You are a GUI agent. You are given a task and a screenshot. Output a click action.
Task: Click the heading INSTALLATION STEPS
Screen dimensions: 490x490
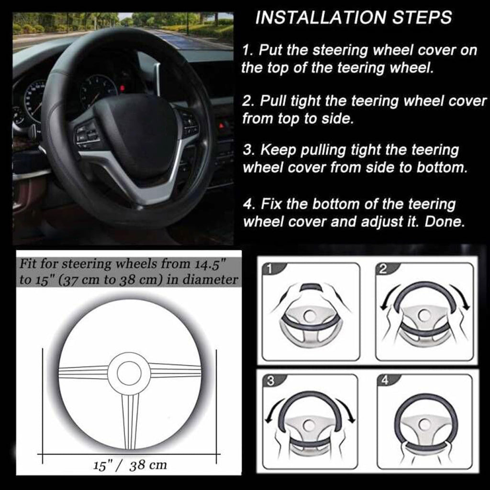(353, 18)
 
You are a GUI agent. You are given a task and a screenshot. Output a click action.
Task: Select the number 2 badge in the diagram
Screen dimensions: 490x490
(383, 269)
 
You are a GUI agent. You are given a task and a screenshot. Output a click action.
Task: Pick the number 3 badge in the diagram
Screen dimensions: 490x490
(270, 381)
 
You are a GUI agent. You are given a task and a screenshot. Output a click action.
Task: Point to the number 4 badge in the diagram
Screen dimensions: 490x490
(384, 381)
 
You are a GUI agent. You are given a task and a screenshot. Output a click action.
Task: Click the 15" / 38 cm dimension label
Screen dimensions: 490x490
(130, 465)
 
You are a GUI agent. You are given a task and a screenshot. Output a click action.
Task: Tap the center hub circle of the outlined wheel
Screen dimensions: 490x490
(129, 373)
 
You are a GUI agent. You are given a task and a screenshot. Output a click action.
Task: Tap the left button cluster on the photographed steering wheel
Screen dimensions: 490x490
(87, 134)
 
